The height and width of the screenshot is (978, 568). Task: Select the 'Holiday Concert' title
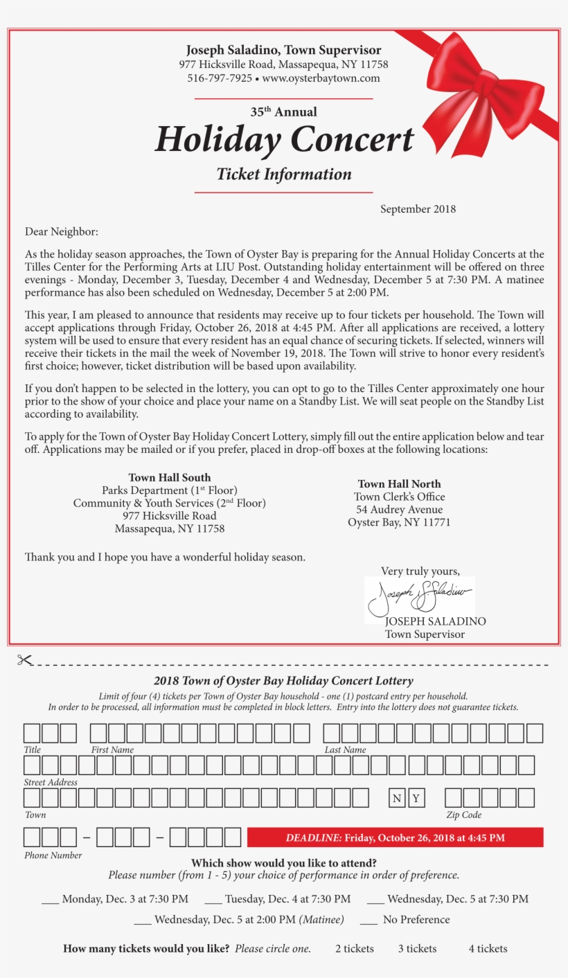pyautogui.click(x=284, y=139)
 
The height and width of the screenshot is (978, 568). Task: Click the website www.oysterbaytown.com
pyautogui.click(x=321, y=78)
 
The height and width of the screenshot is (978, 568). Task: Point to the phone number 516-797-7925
pyautogui.click(x=220, y=78)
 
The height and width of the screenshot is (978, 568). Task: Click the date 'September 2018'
pyautogui.click(x=418, y=209)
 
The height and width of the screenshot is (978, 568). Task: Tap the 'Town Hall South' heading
pyautogui.click(x=170, y=477)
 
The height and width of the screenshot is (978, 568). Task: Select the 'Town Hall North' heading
pyautogui.click(x=399, y=483)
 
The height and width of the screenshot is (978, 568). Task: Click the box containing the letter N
pyautogui.click(x=397, y=799)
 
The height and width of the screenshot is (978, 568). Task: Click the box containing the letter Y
pyautogui.click(x=416, y=799)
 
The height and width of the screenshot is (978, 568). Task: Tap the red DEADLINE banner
pyautogui.click(x=395, y=837)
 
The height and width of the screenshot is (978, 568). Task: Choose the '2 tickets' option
pyautogui.click(x=354, y=949)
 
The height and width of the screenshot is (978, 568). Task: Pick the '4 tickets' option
pyautogui.click(x=488, y=949)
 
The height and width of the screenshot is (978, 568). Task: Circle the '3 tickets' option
pyautogui.click(x=417, y=949)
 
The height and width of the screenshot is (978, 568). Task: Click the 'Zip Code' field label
pyautogui.click(x=463, y=815)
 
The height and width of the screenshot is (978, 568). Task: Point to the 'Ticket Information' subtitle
pyautogui.click(x=284, y=175)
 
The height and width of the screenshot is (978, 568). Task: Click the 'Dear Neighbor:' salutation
pyautogui.click(x=62, y=231)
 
